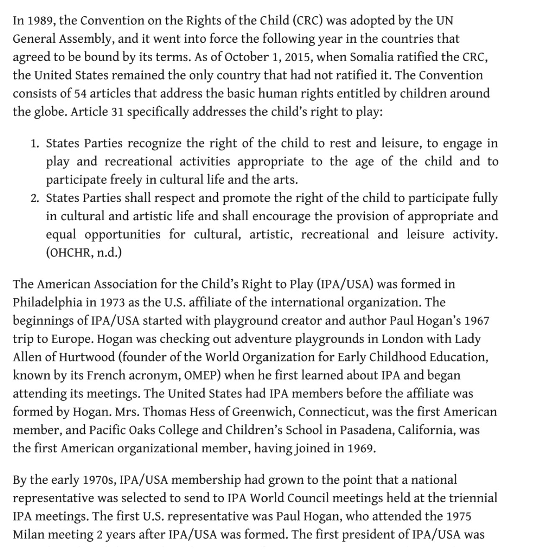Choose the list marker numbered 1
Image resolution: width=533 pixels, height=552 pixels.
35,144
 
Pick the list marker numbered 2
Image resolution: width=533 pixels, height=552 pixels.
35,198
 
